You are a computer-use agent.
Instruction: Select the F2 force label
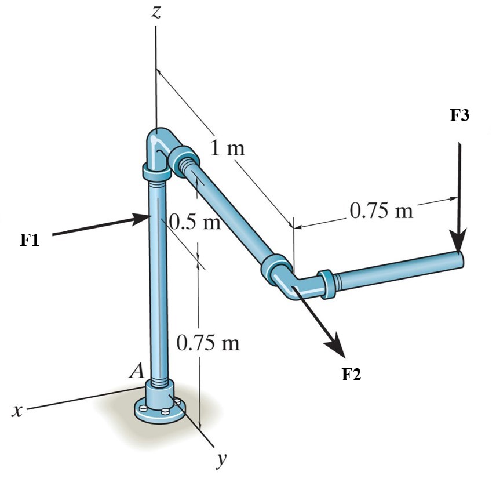pyautogui.click(x=351, y=374)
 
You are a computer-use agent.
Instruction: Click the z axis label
pyautogui.click(x=155, y=13)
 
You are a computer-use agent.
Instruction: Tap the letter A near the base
pyautogui.click(x=137, y=371)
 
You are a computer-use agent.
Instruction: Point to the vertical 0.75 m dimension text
pyautogui.click(x=207, y=343)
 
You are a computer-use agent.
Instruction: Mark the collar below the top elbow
pyautogui.click(x=155, y=172)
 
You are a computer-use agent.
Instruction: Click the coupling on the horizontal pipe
pyautogui.click(x=326, y=284)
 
